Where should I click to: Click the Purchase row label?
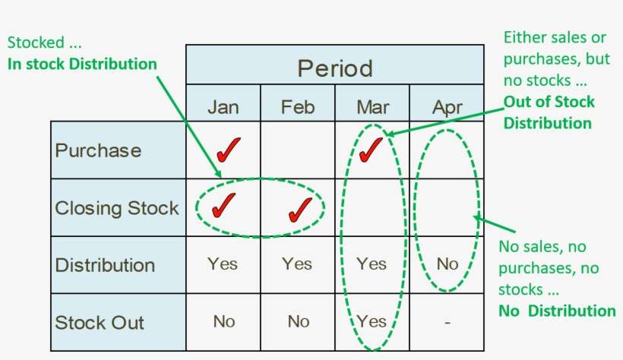click(x=98, y=150)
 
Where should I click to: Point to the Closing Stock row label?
click(x=117, y=208)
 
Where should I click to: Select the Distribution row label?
click(x=105, y=265)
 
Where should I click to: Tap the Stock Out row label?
click(x=100, y=322)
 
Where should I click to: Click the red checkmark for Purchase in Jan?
click(x=228, y=150)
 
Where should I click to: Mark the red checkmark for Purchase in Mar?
click(x=370, y=150)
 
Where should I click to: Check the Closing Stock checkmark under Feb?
click(x=300, y=210)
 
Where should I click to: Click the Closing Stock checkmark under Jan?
click(x=223, y=205)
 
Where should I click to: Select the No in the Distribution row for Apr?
click(x=447, y=264)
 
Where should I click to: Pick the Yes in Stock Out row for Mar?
click(x=372, y=321)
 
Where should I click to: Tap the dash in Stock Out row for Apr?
click(x=447, y=323)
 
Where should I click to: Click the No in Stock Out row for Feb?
click(x=299, y=321)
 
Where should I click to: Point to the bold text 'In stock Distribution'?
click(x=82, y=64)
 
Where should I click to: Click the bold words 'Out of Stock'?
click(x=549, y=102)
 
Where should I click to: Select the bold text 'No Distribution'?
click(x=557, y=311)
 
